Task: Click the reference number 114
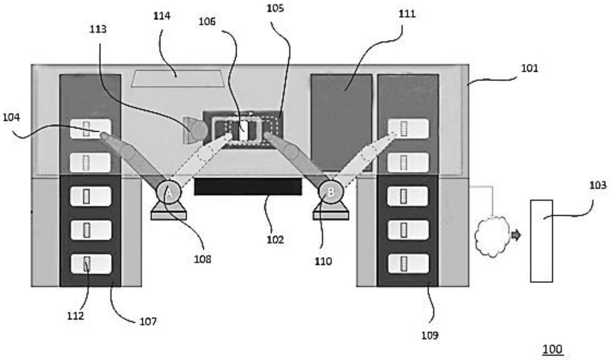tap(162, 16)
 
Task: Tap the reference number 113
tap(98, 29)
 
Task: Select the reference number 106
tap(207, 21)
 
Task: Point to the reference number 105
tap(275, 8)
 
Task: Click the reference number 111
tap(407, 14)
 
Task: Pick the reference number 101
tap(530, 68)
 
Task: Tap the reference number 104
tap(11, 117)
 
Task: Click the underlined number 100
tap(553, 349)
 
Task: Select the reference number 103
tap(598, 185)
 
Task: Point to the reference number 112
tap(76, 316)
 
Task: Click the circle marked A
tap(169, 192)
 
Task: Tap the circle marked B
tap(331, 192)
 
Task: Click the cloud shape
tap(492, 236)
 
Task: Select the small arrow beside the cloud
tap(516, 235)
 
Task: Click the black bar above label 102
tap(248, 187)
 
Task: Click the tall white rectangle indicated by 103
tap(541, 241)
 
